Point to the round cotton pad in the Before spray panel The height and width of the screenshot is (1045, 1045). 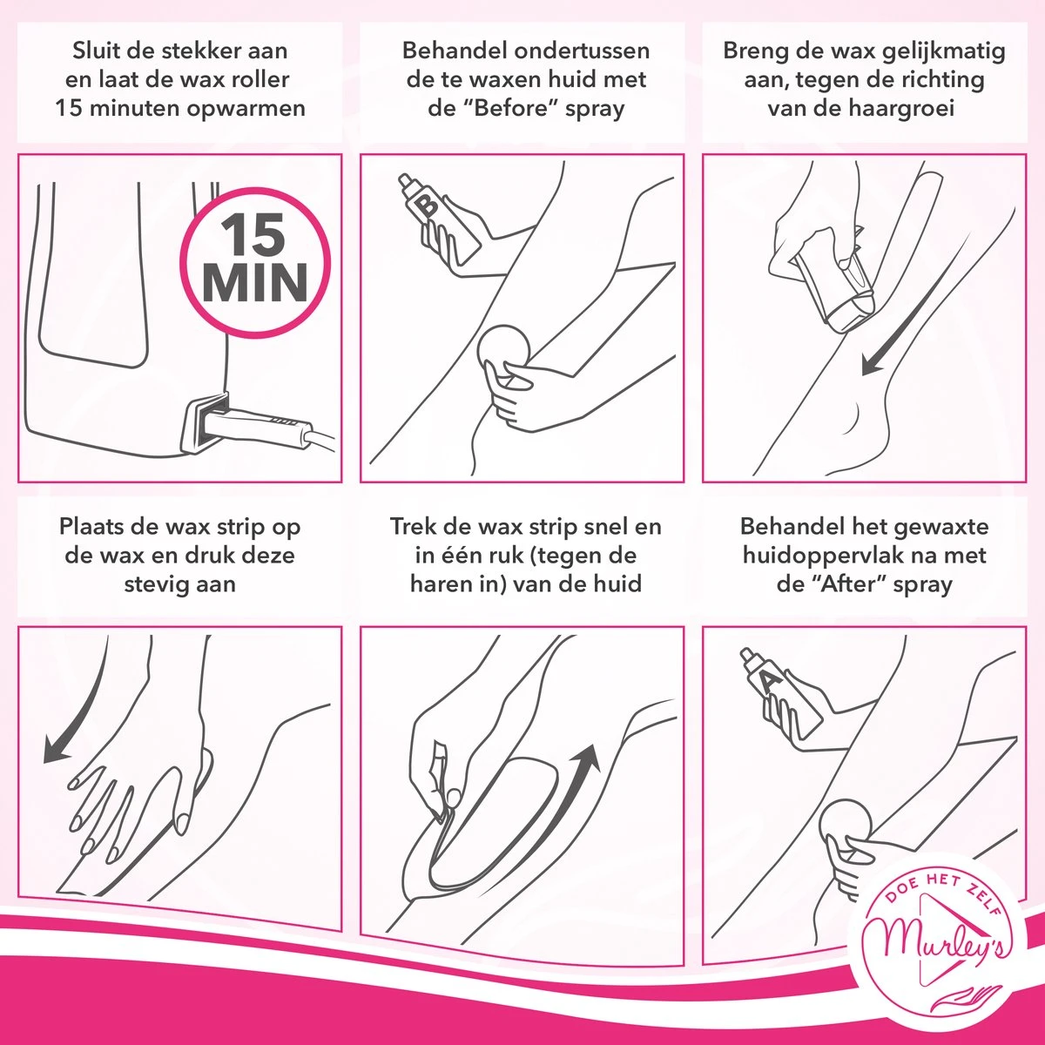pyautogui.click(x=504, y=351)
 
